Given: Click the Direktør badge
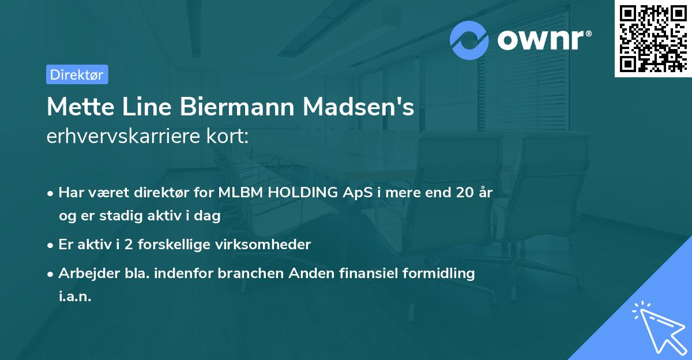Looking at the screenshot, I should [x=77, y=74].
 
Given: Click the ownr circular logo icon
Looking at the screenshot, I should [x=469, y=40].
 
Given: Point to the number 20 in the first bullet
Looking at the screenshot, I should [x=465, y=193].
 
